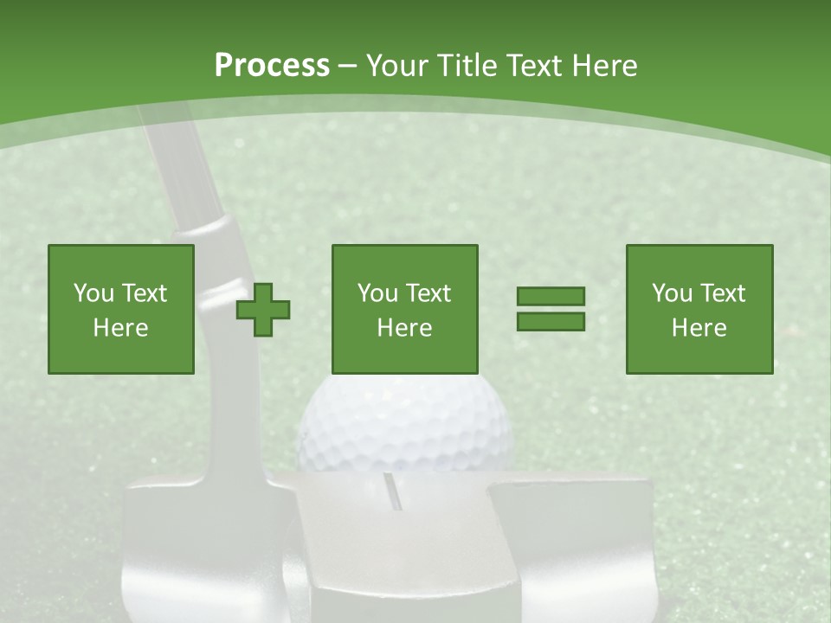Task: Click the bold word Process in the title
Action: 272,66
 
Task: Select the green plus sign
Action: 263,310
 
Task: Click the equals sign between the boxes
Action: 551,309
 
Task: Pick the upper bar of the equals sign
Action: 551,297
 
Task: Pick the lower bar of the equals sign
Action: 551,322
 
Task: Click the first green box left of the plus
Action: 121,309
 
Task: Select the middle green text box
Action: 405,309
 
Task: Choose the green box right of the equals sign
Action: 699,309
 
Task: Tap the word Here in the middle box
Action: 405,328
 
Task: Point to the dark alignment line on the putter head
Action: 392,491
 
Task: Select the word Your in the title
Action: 397,66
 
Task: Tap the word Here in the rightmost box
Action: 699,328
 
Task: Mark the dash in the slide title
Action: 348,67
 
